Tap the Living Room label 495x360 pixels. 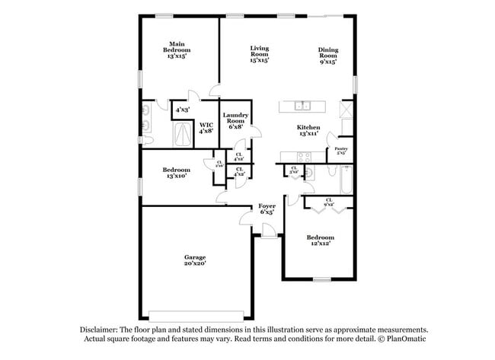260,53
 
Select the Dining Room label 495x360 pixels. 328,56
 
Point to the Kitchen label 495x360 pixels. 308,130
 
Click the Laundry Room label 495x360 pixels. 235,121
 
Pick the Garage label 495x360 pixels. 194,260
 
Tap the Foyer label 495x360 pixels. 267,209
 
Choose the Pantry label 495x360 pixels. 341,151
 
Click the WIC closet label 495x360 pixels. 206,128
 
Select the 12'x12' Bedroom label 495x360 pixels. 321,240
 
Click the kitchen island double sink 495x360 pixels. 302,106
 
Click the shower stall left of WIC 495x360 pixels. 184,135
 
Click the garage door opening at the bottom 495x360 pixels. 196,315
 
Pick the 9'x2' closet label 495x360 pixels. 329,201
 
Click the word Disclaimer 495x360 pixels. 102,330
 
